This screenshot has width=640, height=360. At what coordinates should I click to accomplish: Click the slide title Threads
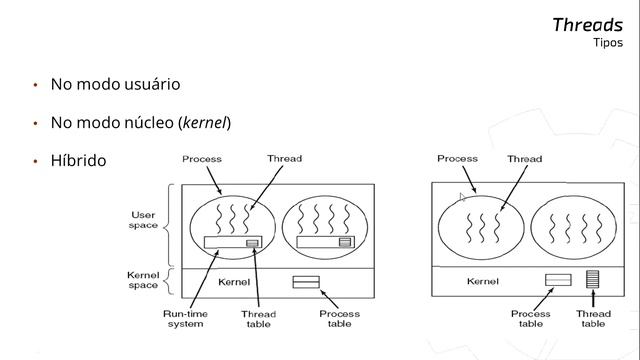[587, 25]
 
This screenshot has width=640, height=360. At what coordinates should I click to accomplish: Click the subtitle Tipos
[608, 43]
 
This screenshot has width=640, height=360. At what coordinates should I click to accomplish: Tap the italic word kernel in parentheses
[204, 122]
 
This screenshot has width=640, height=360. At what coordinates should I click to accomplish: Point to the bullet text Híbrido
[78, 160]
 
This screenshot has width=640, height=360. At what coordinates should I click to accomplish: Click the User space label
[143, 220]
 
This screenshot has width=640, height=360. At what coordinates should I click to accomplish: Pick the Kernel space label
[143, 280]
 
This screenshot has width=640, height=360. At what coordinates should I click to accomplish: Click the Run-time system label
[185, 319]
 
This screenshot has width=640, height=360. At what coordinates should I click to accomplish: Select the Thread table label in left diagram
[258, 319]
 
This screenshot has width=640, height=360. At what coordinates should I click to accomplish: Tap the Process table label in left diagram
[340, 319]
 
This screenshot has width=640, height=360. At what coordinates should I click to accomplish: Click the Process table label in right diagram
[531, 319]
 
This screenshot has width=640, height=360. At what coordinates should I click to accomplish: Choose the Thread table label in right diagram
[593, 319]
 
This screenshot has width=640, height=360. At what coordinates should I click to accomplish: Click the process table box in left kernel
[306, 282]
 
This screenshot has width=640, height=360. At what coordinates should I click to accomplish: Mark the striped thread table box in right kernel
[593, 279]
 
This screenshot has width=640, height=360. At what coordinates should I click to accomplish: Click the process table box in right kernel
[558, 280]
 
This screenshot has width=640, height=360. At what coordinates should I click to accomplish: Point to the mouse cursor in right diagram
[462, 198]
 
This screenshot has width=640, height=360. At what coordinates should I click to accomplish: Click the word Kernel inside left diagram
[234, 282]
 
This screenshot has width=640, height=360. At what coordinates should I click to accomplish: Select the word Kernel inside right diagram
[483, 281]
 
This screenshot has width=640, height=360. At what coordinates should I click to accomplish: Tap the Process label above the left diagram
[202, 159]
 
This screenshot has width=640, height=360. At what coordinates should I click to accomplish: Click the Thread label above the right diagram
[524, 159]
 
